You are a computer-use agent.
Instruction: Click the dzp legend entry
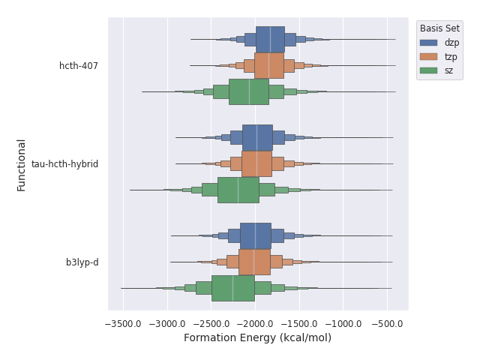pyautogui.click(x=451, y=43)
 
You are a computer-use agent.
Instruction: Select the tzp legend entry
pyautogui.click(x=451, y=56)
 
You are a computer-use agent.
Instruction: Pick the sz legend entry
pyautogui.click(x=448, y=70)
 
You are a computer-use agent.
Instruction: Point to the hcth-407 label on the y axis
pyautogui.click(x=79, y=66)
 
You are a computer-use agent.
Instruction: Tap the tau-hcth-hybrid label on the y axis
pyautogui.click(x=64, y=164)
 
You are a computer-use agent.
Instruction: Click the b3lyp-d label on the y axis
pyautogui.click(x=82, y=262)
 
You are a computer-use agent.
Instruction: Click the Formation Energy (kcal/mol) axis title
pyautogui.click(x=257, y=338)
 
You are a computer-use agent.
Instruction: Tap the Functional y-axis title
pyautogui.click(x=22, y=164)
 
